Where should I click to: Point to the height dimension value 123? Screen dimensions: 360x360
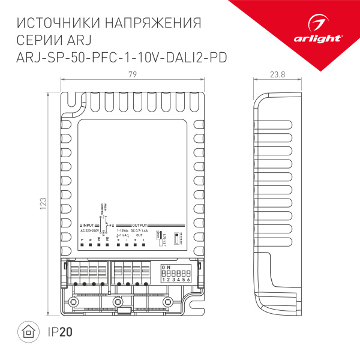point(43,204)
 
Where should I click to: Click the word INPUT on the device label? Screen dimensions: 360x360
point(90,224)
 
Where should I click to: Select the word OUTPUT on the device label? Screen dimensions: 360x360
point(139,224)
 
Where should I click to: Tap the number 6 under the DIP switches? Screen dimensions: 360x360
point(190,280)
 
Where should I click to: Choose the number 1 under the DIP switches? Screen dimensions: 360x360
point(163,280)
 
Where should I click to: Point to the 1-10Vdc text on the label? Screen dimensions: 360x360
point(122,230)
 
